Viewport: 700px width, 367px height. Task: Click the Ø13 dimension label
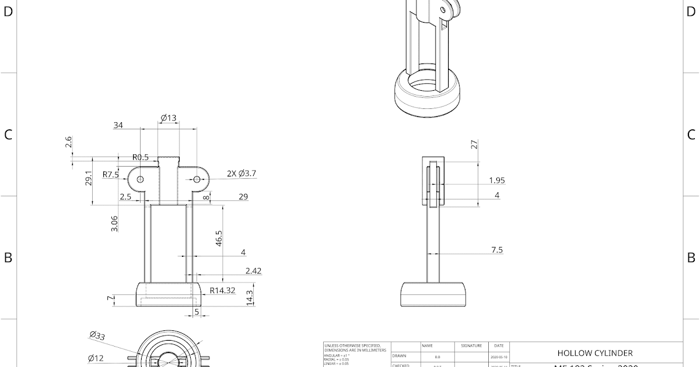(169, 118)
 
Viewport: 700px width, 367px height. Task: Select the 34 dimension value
(118, 125)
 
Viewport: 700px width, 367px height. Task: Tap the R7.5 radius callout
(111, 174)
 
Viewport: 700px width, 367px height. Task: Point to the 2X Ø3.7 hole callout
(241, 174)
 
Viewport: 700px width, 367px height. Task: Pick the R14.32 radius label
(222, 290)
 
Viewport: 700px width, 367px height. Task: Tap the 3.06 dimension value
(114, 224)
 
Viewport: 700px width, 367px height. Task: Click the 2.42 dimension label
(254, 270)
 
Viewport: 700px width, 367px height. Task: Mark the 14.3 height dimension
(250, 298)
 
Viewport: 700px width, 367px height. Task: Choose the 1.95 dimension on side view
(497, 181)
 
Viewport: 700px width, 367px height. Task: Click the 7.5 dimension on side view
(497, 250)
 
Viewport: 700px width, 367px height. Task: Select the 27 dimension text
(475, 144)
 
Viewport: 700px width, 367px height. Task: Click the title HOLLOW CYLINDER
(594, 353)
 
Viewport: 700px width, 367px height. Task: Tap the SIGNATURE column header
(471, 346)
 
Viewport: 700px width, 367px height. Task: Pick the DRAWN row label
(399, 355)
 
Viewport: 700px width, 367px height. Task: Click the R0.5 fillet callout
(141, 157)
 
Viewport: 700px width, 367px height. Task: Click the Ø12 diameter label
(96, 358)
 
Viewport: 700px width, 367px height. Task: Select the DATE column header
(499, 346)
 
